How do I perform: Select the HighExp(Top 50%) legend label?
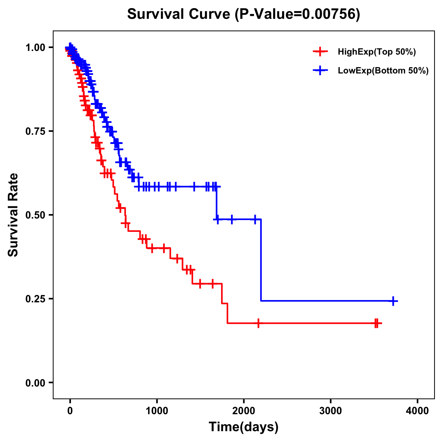tap(377, 52)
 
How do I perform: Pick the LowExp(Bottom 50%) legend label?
tap(383, 71)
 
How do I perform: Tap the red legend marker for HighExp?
tap(320, 52)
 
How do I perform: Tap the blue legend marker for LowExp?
tap(320, 71)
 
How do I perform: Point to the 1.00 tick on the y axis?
tap(35, 47)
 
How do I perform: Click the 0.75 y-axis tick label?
tap(35, 131)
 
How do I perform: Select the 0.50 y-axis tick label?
tap(35, 215)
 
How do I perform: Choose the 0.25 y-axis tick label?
tap(35, 299)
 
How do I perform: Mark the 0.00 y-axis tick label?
tap(35, 382)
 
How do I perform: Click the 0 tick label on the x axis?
tap(70, 411)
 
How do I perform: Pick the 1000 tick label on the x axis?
tap(157, 411)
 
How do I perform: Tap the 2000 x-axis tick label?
tap(244, 411)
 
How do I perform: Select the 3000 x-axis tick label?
tap(330, 411)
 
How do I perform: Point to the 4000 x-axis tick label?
tap(418, 411)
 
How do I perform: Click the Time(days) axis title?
tap(244, 427)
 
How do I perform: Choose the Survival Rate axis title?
tap(13, 215)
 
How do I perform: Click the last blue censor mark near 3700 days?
tap(394, 301)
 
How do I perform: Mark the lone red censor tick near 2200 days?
tap(258, 323)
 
